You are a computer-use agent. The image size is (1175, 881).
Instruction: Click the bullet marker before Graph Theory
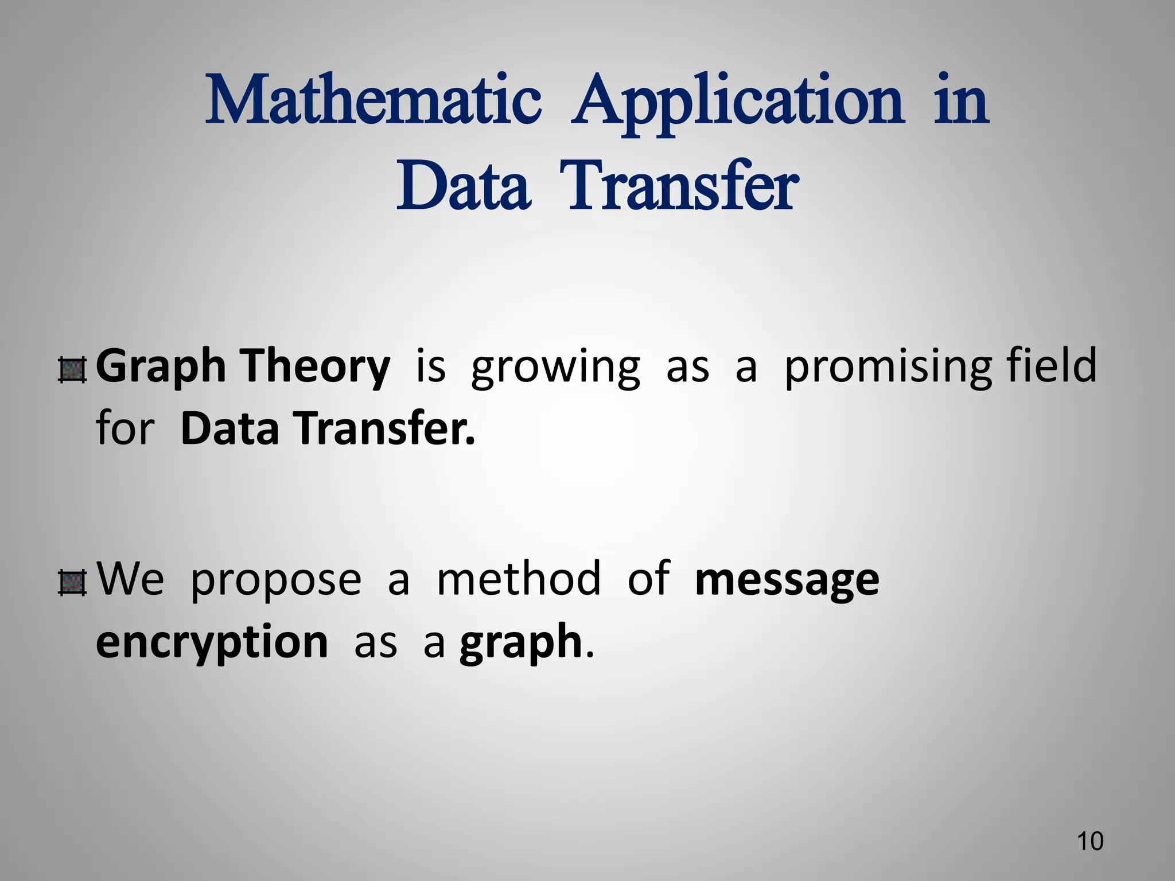tap(72, 370)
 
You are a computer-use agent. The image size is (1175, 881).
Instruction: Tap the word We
tap(130, 579)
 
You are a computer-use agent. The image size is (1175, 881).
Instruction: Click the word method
tap(519, 579)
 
